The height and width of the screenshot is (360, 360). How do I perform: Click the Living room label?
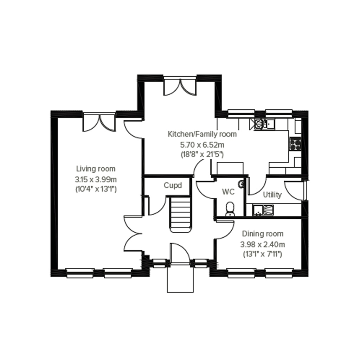tap(96, 169)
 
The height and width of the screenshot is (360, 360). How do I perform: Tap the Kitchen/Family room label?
tap(202, 134)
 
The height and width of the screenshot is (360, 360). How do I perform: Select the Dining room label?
tap(262, 234)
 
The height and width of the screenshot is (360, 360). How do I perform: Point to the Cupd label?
tap(173, 185)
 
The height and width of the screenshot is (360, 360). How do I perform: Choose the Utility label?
tap(272, 195)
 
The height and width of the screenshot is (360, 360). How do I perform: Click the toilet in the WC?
tap(230, 208)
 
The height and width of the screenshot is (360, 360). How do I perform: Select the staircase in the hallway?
tap(180, 214)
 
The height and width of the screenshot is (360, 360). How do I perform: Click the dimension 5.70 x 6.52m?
tap(202, 144)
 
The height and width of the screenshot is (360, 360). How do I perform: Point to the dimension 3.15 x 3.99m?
tap(96, 179)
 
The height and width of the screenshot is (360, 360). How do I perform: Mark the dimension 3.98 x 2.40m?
tap(262, 244)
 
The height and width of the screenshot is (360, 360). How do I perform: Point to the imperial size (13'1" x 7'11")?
tap(262, 253)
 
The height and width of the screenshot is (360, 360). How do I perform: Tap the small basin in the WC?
tap(241, 184)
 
